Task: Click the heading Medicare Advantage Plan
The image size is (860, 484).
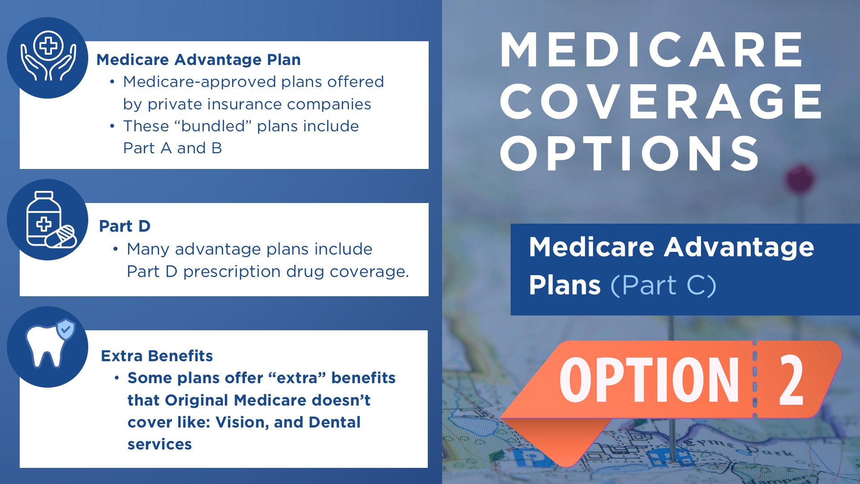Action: [198, 60]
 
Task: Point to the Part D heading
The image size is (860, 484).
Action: [125, 226]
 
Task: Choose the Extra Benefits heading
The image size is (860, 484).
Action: [157, 356]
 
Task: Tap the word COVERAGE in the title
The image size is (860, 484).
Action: [661, 101]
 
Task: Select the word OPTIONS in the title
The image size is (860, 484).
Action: [629, 153]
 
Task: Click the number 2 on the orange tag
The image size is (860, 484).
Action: [791, 380]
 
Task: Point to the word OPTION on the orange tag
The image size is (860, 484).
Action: [649, 380]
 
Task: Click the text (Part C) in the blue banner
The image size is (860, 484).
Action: [663, 285]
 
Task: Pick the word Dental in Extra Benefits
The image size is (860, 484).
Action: [335, 422]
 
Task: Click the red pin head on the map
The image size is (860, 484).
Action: [800, 179]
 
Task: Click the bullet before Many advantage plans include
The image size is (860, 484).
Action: [116, 249]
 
